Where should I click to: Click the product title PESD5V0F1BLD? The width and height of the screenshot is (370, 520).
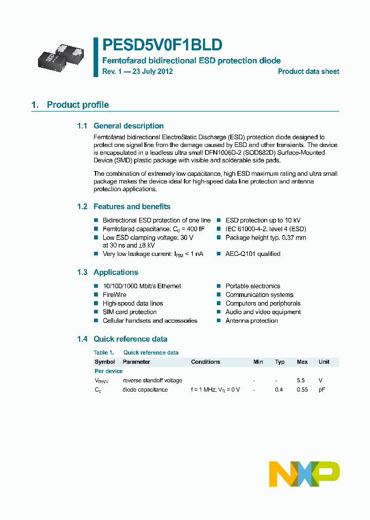(x=162, y=45)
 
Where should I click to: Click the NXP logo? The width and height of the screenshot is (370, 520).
(x=304, y=473)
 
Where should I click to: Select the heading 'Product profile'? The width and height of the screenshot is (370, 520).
(x=78, y=105)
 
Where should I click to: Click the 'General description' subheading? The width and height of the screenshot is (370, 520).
(x=128, y=126)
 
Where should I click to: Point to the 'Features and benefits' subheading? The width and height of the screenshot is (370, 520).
(x=132, y=207)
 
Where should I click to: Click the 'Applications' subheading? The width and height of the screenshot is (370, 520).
(x=116, y=272)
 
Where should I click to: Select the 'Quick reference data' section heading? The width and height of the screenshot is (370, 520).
(x=130, y=339)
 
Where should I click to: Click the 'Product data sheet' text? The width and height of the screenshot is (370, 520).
(x=308, y=71)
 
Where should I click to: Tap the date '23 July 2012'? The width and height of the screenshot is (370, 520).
(x=153, y=71)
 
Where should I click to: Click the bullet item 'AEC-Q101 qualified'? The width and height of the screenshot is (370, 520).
(x=253, y=254)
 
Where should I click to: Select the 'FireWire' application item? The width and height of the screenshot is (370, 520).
(x=115, y=295)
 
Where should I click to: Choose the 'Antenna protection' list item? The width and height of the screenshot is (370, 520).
(x=251, y=321)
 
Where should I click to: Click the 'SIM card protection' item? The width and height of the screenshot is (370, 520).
(x=129, y=312)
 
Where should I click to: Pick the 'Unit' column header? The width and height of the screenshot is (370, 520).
(x=324, y=362)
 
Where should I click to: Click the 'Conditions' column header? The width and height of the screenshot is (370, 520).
(x=206, y=362)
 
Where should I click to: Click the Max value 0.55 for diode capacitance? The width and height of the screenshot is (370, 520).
(x=302, y=389)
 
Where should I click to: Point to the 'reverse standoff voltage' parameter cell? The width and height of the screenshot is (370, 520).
(x=152, y=380)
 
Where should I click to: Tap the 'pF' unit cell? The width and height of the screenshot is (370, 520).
(x=322, y=389)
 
